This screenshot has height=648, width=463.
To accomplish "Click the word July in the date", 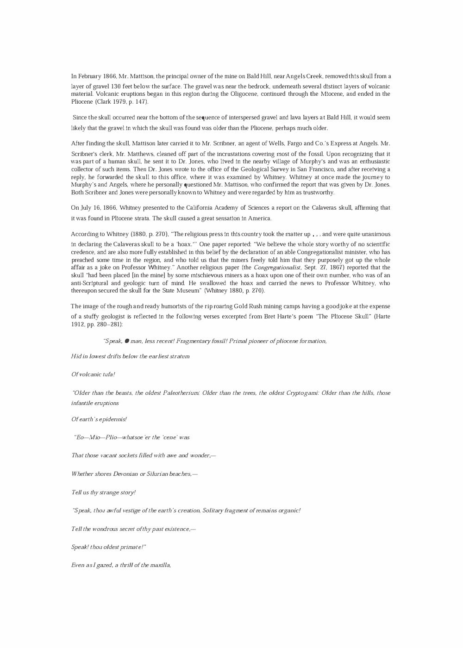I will point(87,208).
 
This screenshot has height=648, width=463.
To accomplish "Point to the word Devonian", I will point(119,474).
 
